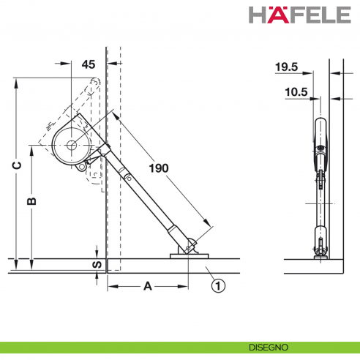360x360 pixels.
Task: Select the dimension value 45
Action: pos(89,64)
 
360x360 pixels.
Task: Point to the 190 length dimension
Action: pos(158,168)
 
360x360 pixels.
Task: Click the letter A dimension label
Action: pos(147,286)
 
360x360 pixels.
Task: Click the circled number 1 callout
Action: pos(217,286)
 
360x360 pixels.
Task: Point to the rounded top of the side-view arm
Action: pos(320,120)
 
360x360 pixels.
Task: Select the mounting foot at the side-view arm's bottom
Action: pos(320,254)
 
